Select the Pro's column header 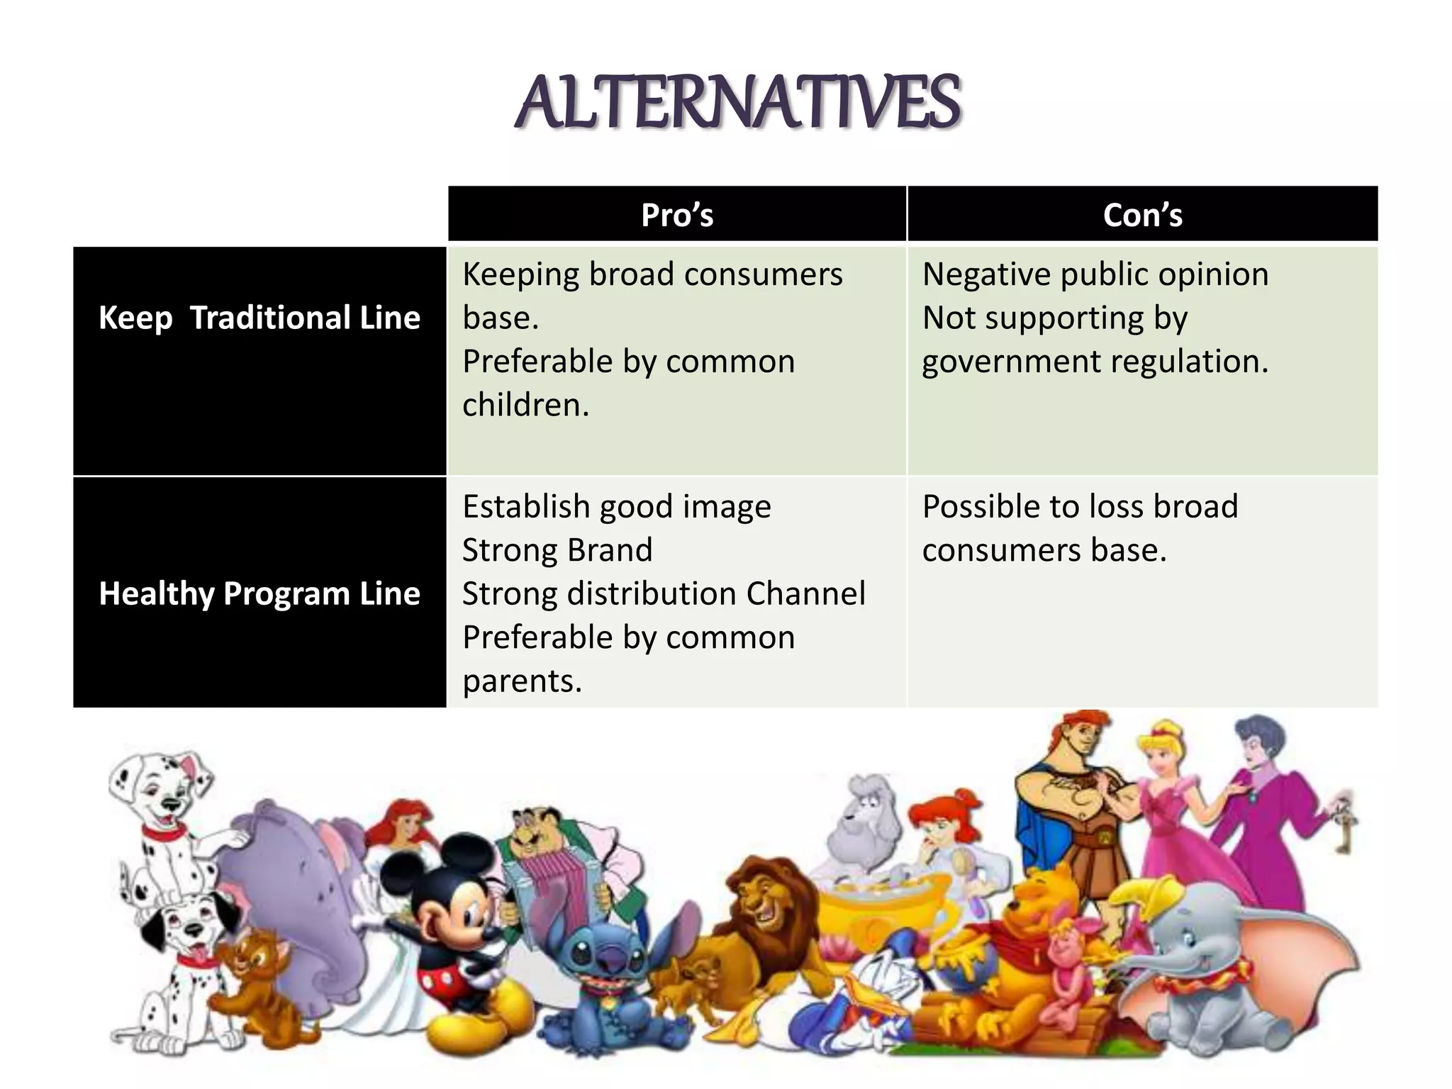(677, 215)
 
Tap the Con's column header (1142, 215)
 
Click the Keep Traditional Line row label (259, 318)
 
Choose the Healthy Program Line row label (259, 593)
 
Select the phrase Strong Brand (557, 550)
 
